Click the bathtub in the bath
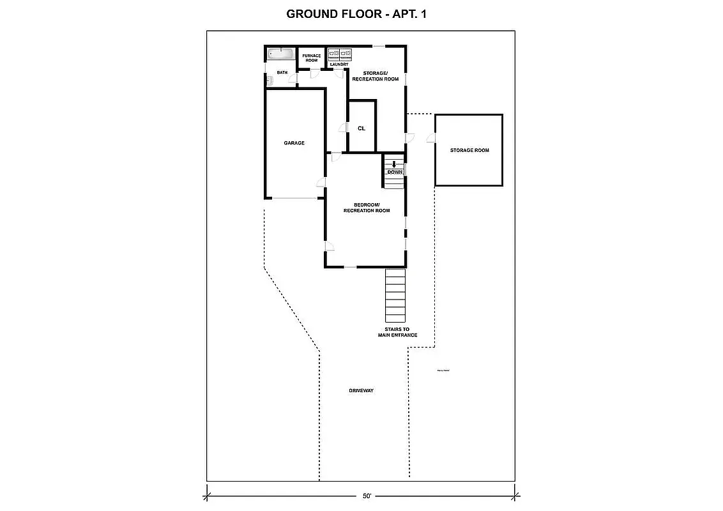tap(280, 54)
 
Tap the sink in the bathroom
tap(270, 80)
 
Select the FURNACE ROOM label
tap(311, 58)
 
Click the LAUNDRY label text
tap(339, 65)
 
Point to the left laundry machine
tap(333, 54)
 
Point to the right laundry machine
tap(345, 54)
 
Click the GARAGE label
tap(294, 143)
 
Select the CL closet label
tap(361, 128)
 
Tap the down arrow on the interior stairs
tap(394, 164)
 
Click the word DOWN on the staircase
tap(395, 172)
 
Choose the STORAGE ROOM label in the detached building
tap(469, 150)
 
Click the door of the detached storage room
tap(432, 137)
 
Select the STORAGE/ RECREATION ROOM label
tap(376, 76)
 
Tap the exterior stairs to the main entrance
tap(395, 295)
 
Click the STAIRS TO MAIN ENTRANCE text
tap(397, 332)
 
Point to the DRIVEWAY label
tap(361, 390)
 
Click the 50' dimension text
tap(367, 496)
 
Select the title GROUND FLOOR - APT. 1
tap(356, 13)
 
